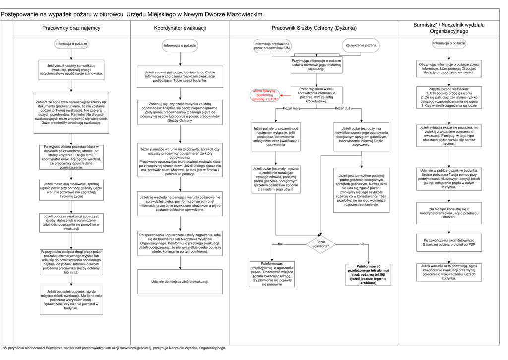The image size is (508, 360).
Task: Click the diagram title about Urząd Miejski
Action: (132, 15)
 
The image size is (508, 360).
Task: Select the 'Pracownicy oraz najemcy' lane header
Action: (71, 28)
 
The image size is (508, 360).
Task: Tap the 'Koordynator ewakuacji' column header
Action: (180, 28)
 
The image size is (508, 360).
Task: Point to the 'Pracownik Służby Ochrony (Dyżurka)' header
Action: (314, 28)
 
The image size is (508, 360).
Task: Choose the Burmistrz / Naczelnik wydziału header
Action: (448, 28)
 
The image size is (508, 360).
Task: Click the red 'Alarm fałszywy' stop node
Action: (265, 95)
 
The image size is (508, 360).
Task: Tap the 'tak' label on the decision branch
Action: (280, 244)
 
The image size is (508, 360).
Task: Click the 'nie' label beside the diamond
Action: (362, 244)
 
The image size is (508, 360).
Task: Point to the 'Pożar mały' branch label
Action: (291, 108)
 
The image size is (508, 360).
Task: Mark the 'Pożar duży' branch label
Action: (343, 108)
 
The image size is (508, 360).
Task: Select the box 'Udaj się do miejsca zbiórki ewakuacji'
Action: (180, 282)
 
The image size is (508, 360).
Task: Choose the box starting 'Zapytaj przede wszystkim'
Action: (448, 97)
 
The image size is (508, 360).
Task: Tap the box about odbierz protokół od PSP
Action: (448, 242)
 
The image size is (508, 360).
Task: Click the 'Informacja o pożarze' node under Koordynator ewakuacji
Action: (180, 46)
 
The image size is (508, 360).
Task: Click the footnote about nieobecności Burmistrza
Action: (114, 348)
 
